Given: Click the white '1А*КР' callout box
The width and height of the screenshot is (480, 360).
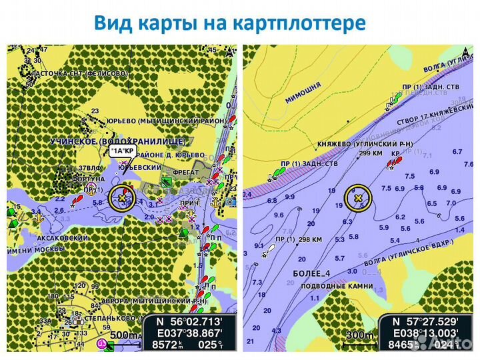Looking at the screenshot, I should click(122, 151).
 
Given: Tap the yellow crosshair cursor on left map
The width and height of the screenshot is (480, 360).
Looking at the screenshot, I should click(121, 199).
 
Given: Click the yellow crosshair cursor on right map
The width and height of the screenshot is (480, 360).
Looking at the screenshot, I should click(358, 198).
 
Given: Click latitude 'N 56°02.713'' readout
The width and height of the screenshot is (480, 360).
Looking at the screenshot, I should click(189, 321).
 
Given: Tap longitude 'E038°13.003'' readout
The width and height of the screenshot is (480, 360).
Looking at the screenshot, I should click(425, 333).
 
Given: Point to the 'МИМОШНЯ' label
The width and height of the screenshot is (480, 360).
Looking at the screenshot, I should click(303, 92).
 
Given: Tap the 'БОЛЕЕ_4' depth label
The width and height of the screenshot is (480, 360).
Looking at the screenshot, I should click(311, 273).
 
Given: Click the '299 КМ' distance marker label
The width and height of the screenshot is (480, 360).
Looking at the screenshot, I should click(370, 153).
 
